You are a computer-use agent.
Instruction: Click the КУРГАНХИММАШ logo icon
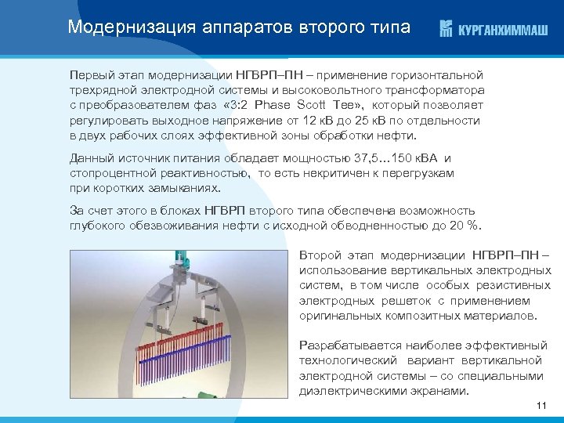pyautogui.click(x=446, y=29)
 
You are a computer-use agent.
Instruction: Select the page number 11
pyautogui.click(x=540, y=405)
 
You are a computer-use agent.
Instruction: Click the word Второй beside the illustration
pyautogui.click(x=323, y=256)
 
